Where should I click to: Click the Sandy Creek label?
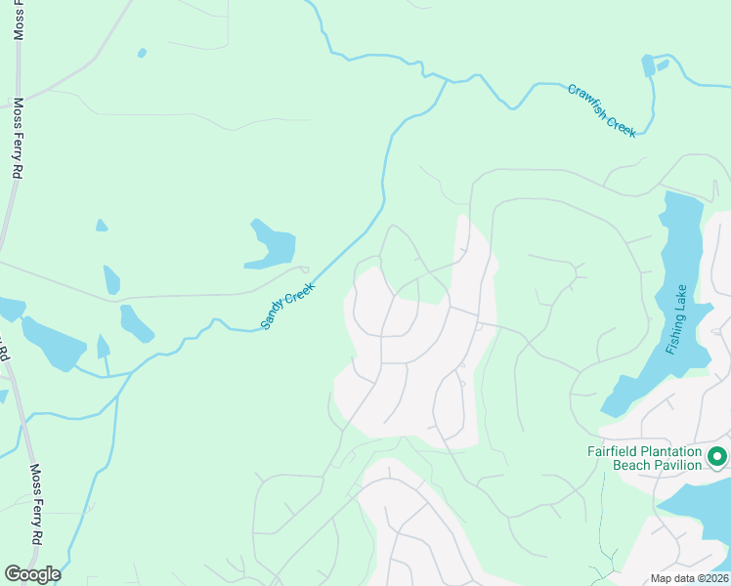(288, 305)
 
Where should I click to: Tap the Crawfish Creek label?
(602, 110)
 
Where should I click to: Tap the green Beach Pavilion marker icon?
(717, 456)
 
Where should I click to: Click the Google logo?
(32, 574)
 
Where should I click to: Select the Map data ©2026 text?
(689, 578)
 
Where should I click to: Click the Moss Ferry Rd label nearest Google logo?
(36, 505)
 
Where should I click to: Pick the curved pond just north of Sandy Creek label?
(272, 245)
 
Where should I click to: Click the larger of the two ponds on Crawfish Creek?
(648, 65)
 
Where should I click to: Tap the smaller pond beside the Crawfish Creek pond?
(664, 64)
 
